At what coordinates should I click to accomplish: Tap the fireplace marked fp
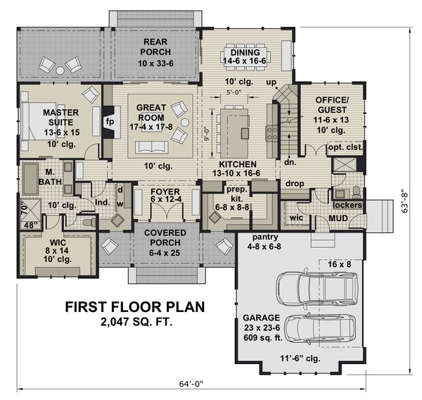110,120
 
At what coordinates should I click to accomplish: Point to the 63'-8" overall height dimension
414,201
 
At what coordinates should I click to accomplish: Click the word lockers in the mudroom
348,205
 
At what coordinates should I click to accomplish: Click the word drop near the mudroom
294,183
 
